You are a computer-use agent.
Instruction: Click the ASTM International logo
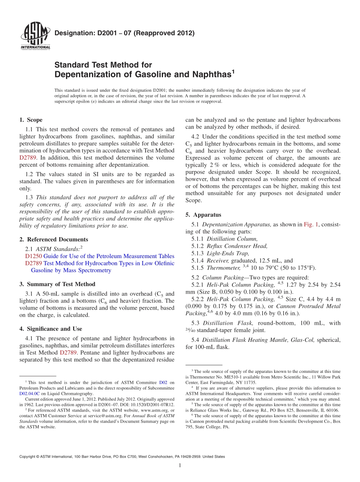pyautogui.click(x=35, y=35)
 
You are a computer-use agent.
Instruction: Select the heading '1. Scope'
pyautogui.click(x=31, y=120)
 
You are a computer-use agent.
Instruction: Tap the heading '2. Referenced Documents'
pyautogui.click(x=53, y=239)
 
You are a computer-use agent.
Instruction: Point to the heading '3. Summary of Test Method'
pyautogui.click(x=57, y=284)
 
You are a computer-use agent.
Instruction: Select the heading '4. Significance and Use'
pyautogui.click(x=50, y=329)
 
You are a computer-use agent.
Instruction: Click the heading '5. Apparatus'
pyautogui.click(x=203, y=215)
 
